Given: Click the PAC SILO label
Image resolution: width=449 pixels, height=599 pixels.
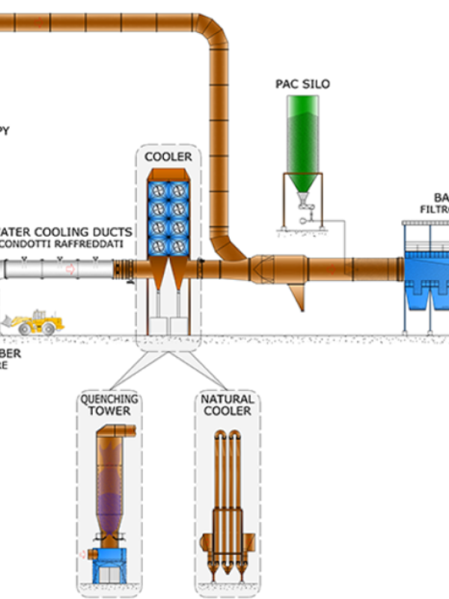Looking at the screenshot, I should pos(302,83).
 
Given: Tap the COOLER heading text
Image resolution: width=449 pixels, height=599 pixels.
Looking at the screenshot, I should pos(168,156).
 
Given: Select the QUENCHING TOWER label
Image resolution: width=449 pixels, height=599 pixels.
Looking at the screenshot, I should pos(109,405).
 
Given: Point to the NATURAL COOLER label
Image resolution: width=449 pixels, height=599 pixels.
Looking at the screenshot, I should pos(227,405).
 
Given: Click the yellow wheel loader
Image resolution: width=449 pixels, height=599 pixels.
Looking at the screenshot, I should pos(33,322).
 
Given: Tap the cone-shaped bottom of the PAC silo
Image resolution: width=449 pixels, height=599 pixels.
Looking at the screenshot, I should pos(302,183).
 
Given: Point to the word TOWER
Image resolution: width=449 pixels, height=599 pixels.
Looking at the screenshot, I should pos(109,411).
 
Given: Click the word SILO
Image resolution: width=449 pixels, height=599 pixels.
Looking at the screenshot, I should pos(317,83).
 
